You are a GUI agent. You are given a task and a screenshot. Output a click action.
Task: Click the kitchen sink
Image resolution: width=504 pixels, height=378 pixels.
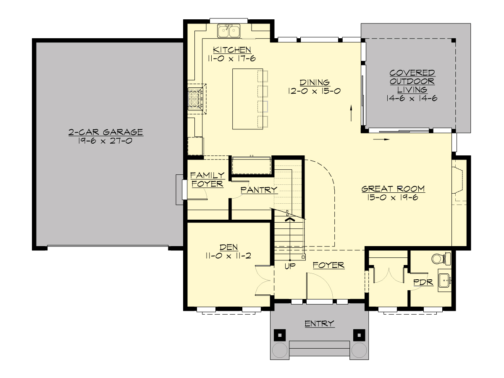click(x=229, y=30)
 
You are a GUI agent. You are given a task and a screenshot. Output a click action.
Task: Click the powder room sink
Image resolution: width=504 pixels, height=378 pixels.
click(x=444, y=280)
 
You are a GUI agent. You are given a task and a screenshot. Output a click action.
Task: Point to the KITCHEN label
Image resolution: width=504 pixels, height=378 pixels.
click(x=232, y=50)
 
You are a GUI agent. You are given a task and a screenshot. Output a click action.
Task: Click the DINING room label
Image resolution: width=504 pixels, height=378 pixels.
click(x=315, y=82)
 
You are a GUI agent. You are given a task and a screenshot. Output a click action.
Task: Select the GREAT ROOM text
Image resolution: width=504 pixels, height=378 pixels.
click(x=393, y=189)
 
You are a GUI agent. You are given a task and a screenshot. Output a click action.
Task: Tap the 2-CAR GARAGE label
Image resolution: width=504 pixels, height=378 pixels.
click(x=106, y=132)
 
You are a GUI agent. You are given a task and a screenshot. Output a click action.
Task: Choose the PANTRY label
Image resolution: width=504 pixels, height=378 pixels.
click(x=259, y=190)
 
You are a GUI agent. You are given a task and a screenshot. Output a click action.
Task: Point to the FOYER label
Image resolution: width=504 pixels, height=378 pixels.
click(x=328, y=265)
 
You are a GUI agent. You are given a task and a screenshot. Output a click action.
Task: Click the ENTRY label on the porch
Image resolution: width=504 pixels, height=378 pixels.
click(x=319, y=323)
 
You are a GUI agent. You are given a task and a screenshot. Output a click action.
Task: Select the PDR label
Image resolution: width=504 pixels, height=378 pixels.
click(x=423, y=283)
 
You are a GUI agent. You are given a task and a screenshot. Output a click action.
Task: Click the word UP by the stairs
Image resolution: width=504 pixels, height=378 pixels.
click(x=290, y=266)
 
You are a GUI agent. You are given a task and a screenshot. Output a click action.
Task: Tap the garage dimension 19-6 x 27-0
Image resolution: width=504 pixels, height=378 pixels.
click(x=106, y=141)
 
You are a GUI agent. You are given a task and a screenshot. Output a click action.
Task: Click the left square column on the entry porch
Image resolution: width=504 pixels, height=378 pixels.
click(x=280, y=335)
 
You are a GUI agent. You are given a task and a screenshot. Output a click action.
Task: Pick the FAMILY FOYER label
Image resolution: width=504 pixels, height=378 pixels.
click(x=207, y=179)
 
